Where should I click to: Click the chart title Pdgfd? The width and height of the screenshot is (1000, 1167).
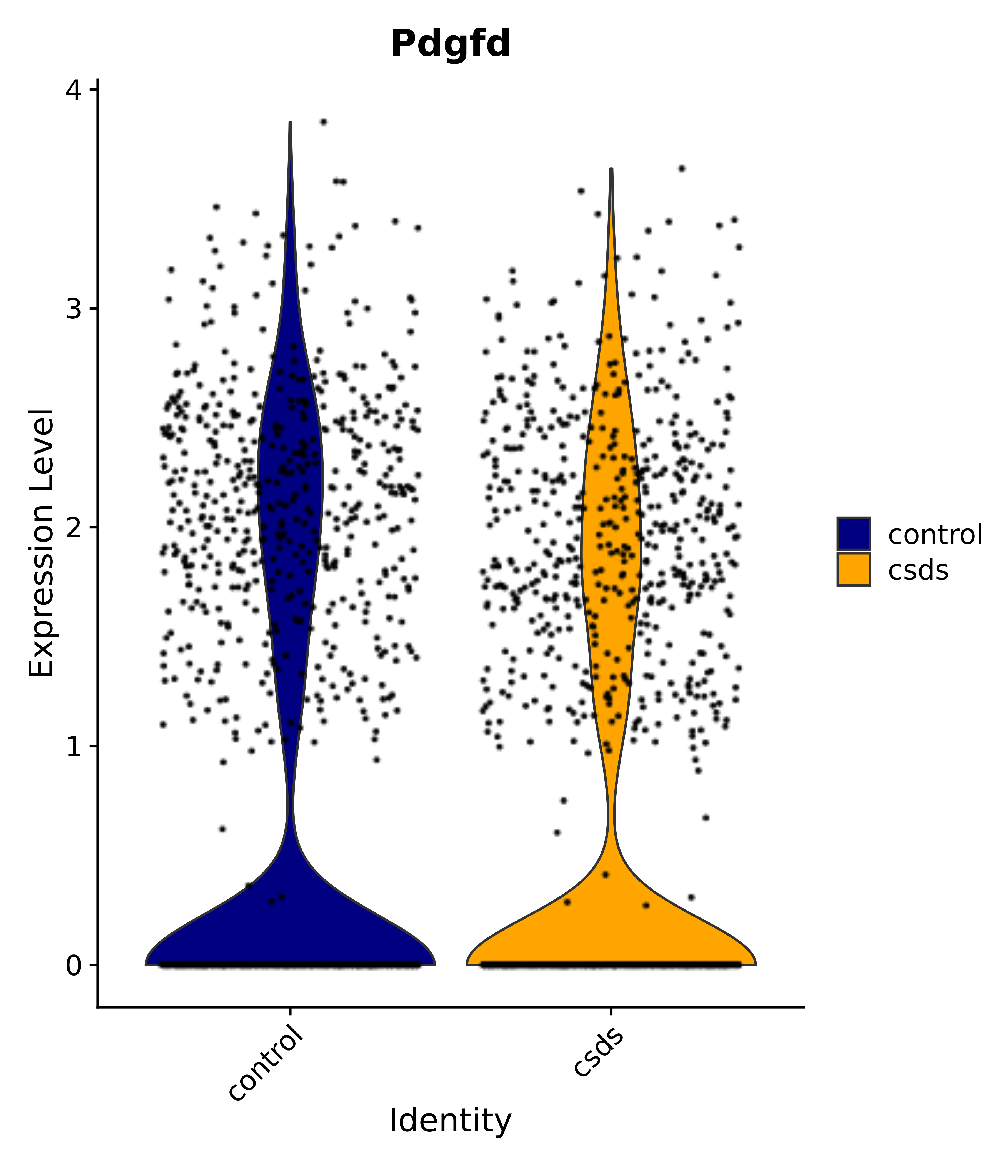[451, 44]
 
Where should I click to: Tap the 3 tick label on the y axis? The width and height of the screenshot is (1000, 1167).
[74, 309]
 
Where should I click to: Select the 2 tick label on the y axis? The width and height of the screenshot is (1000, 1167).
[74, 528]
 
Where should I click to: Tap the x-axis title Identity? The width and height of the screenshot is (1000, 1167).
[451, 1121]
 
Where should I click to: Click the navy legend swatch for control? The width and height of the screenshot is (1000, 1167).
[853, 533]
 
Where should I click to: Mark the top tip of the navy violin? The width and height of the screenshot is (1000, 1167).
[290, 122]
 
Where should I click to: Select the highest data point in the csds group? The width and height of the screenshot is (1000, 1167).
[681, 168]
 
